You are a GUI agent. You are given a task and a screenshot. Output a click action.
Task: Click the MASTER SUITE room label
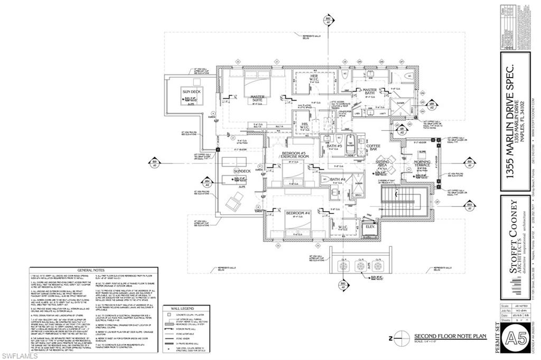click(257, 99)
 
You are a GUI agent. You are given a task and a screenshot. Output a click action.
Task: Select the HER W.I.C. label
click(313, 79)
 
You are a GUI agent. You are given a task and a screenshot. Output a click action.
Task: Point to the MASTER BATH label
click(370, 92)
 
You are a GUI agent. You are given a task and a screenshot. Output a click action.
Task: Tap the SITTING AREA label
click(383, 164)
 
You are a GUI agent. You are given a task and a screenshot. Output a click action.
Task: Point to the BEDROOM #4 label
click(297, 213)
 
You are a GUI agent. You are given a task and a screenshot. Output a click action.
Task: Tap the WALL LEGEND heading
click(182, 308)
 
